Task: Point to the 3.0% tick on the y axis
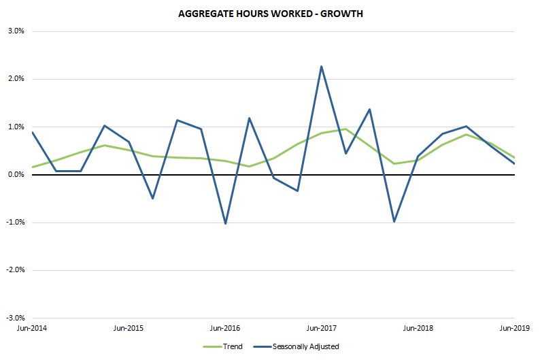tap(15, 31)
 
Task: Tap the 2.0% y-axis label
tap(15, 79)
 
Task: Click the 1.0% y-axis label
tap(15, 127)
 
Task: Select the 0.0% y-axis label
tap(15, 175)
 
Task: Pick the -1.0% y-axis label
tap(14, 223)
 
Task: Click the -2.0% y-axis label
tap(14, 270)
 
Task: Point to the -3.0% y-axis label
tap(14, 318)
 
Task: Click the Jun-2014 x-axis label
tap(32, 328)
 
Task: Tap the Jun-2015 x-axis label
tap(128, 328)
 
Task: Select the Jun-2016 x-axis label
tap(225, 328)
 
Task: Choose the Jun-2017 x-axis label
tap(322, 328)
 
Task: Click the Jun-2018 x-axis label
tap(418, 328)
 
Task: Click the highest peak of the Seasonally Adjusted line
tap(322, 67)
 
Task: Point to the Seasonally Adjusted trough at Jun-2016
tap(225, 223)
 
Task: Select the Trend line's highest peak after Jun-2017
tap(345, 129)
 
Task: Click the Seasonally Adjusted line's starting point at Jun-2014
tap(32, 132)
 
